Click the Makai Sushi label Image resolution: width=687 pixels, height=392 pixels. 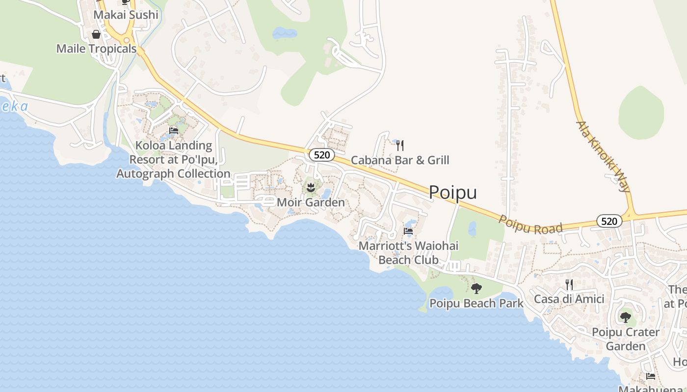pyautogui.click(x=126, y=15)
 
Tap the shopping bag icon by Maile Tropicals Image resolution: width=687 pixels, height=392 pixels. pyautogui.click(x=96, y=34)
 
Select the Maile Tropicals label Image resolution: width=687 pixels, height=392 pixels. pyautogui.click(x=96, y=49)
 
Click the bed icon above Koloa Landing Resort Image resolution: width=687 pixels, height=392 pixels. pyautogui.click(x=173, y=131)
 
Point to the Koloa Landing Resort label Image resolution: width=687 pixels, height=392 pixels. pyautogui.click(x=173, y=160)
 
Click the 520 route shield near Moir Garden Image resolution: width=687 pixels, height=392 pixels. pyautogui.click(x=321, y=155)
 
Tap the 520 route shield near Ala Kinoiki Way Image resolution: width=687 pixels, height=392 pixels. pyautogui.click(x=609, y=221)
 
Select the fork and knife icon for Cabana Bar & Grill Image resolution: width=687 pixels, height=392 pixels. pyautogui.click(x=400, y=145)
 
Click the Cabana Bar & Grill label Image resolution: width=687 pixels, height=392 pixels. pyautogui.click(x=400, y=160)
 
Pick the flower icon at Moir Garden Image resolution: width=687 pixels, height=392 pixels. pyautogui.click(x=311, y=187)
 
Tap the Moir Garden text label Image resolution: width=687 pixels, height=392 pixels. pyautogui.click(x=311, y=202)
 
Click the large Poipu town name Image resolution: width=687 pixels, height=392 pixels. pyautogui.click(x=452, y=193)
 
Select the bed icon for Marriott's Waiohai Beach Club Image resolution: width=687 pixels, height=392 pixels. pyautogui.click(x=408, y=231)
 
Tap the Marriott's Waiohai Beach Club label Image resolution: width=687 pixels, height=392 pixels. pyautogui.click(x=408, y=252)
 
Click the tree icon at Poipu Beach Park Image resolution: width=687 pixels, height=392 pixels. pyautogui.click(x=476, y=289)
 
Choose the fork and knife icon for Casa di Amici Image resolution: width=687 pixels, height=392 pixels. pyautogui.click(x=569, y=284)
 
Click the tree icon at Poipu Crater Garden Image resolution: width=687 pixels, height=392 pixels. pyautogui.click(x=626, y=318)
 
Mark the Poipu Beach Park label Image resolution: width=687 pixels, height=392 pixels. pyautogui.click(x=476, y=304)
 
